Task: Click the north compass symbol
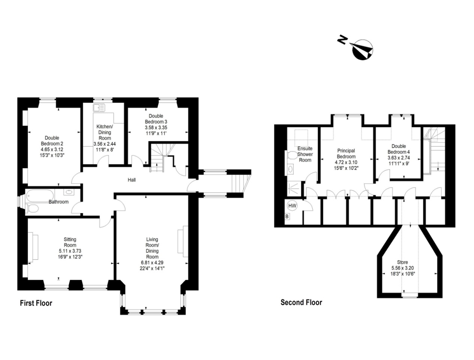pos(362,49)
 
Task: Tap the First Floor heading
pos(36,303)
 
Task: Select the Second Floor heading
pos(301,302)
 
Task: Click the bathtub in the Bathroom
pos(40,195)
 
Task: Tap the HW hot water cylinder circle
pos(292,206)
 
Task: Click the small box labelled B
pos(287,216)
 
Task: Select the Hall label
pos(132,180)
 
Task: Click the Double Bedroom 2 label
pos(52,141)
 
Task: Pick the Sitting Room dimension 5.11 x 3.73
pos(70,251)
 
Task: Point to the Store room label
pos(402,262)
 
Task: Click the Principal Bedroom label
pos(346,154)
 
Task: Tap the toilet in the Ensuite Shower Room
pos(291,156)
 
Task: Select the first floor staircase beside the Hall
pos(159,157)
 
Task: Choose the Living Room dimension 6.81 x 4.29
pos(152,262)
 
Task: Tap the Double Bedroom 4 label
pos(399,149)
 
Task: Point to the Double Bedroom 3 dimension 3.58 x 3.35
pos(156,127)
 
